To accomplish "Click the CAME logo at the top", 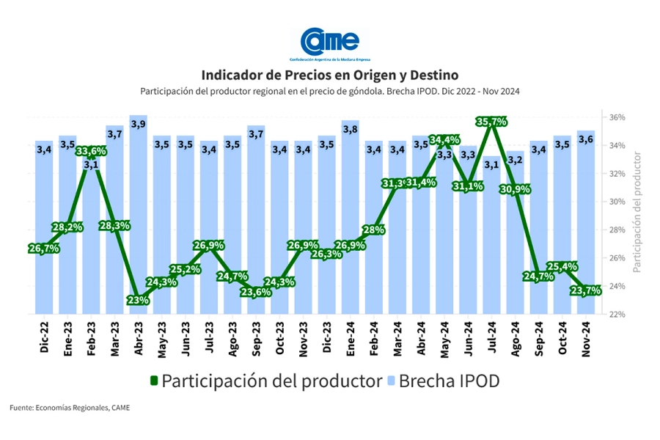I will [330, 43].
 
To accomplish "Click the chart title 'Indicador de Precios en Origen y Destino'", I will [329, 76].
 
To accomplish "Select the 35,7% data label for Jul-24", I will [491, 121].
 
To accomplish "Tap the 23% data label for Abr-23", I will [138, 300].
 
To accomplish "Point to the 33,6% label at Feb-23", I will [91, 151].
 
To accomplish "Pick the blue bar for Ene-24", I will [350, 220].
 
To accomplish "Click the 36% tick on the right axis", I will [617, 117].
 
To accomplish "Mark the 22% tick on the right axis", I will [617, 314].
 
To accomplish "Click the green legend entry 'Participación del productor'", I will [265, 381].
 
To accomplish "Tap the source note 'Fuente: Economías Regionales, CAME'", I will [70, 408].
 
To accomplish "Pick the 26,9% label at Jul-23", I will [208, 246].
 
